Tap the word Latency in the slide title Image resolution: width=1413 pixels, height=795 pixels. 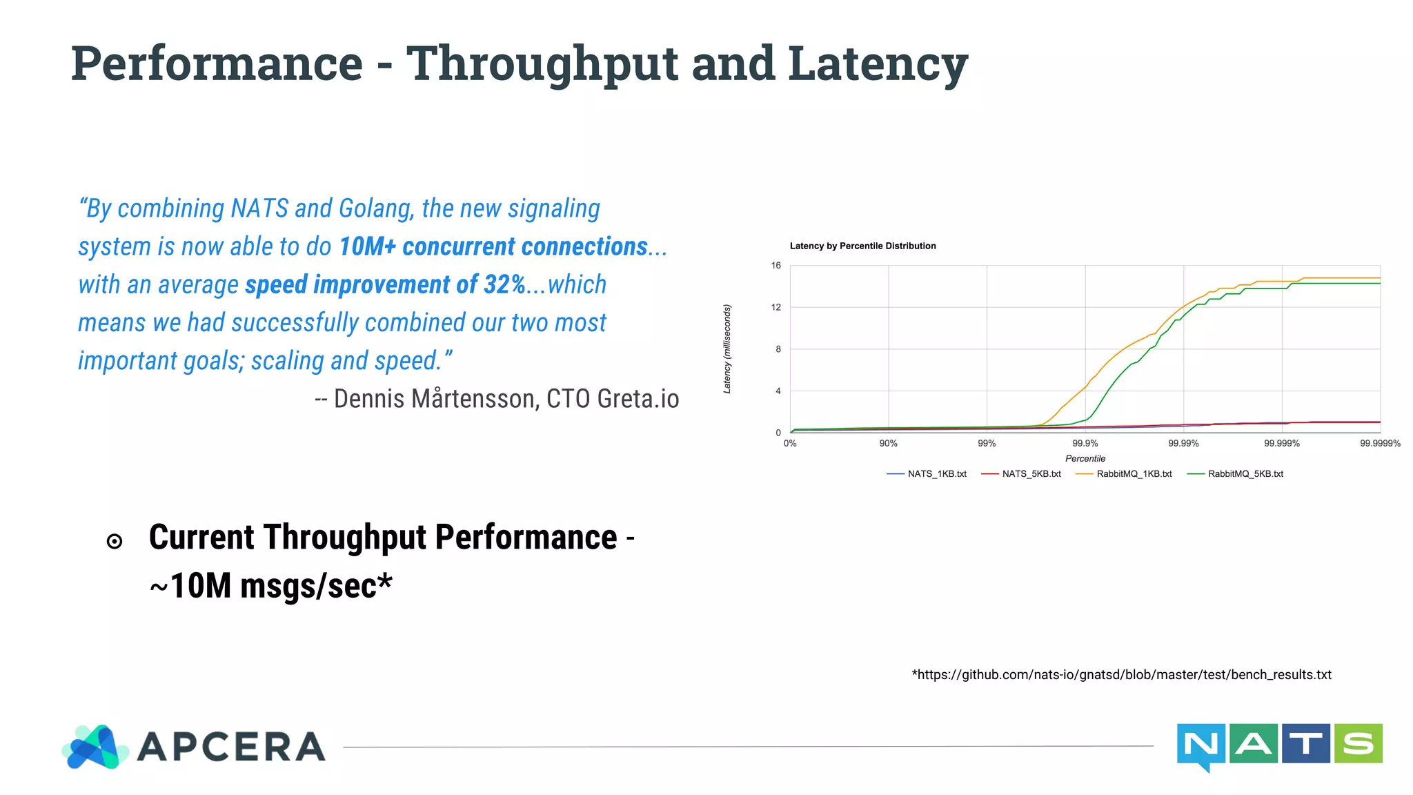click(878, 64)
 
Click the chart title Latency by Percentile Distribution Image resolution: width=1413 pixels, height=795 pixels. click(862, 246)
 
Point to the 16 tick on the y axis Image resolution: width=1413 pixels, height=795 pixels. click(776, 266)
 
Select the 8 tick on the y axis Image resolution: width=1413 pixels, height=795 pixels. click(778, 349)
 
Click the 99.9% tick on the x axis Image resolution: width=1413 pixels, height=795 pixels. click(1085, 444)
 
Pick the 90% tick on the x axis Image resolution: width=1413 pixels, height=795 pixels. click(888, 444)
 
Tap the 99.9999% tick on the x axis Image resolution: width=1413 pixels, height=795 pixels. click(1380, 444)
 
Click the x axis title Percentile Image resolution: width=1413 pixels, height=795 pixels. click(1085, 459)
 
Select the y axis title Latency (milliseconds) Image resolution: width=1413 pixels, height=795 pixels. click(727, 349)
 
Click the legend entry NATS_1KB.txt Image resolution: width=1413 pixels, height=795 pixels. click(936, 474)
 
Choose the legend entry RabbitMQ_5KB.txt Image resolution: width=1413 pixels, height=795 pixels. click(1245, 474)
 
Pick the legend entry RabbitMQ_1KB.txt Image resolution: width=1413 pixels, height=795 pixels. click(1134, 474)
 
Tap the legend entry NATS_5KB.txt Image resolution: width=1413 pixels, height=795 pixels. click(1031, 474)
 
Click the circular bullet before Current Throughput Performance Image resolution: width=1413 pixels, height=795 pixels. click(115, 542)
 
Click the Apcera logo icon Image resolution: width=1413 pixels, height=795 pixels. click(96, 747)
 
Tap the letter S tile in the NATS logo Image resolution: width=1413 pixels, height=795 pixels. click(1358, 743)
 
